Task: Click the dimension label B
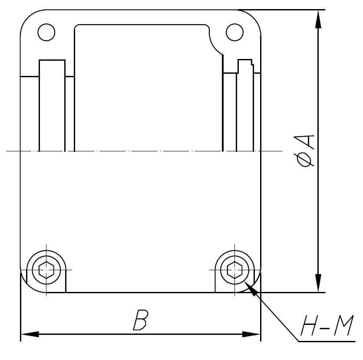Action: click(140, 321)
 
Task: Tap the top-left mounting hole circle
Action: click(46, 32)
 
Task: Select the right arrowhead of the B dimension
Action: click(252, 334)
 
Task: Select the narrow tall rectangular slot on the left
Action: click(52, 104)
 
